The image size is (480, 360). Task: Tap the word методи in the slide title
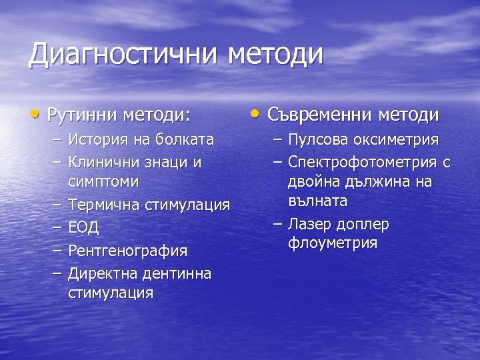pos(276,55)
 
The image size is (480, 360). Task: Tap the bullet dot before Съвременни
pos(257,113)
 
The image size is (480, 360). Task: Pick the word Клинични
pos(100,162)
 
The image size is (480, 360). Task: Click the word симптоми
pos(103,181)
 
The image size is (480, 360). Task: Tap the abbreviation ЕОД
pos(83,228)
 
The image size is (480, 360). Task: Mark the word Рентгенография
pos(127,251)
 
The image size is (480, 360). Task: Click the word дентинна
pos(175,273)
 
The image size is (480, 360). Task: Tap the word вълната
pos(318,201)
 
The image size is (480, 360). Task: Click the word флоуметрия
pos(333,243)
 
